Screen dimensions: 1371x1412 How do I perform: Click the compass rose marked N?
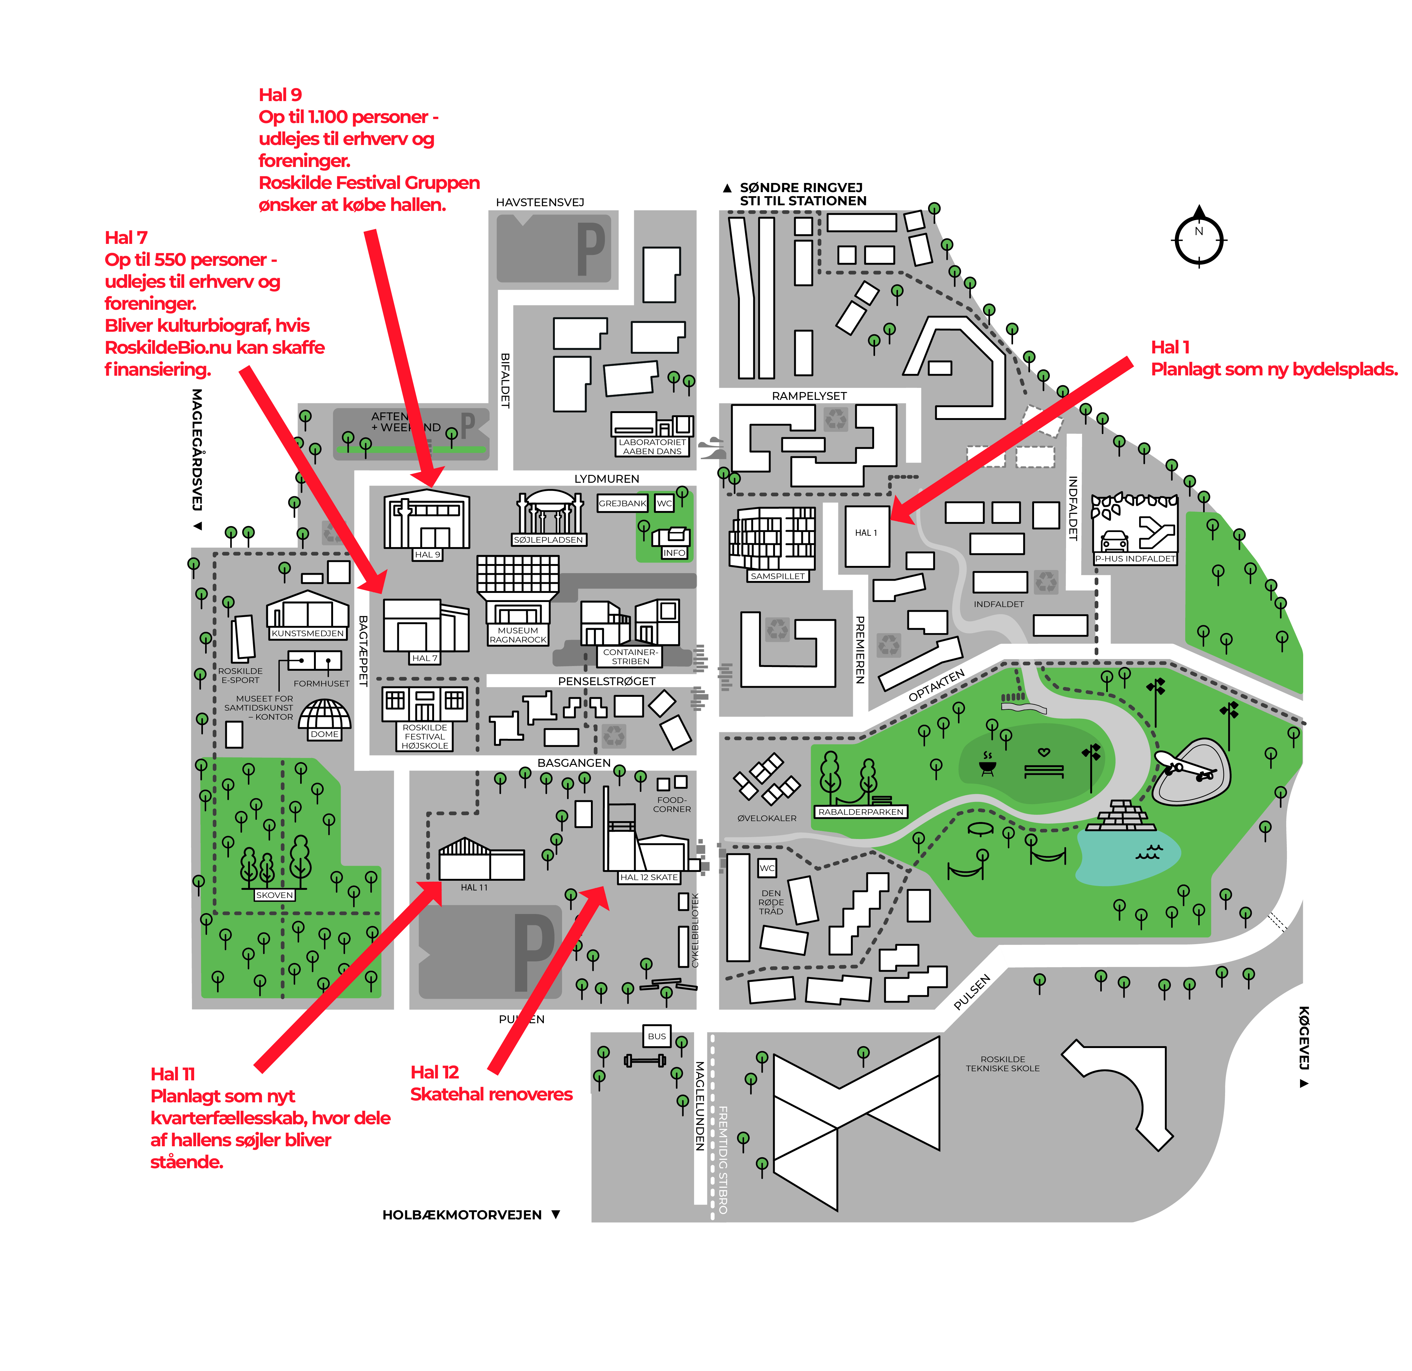click(1199, 239)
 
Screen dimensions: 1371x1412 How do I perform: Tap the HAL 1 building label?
click(866, 533)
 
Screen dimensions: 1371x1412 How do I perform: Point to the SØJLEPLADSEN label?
click(548, 539)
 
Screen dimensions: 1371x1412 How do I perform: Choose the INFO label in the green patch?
click(674, 553)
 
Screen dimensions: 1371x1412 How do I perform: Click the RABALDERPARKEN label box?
click(861, 812)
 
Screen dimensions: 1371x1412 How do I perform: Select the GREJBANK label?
click(623, 503)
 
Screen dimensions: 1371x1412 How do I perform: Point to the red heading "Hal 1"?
click(1170, 347)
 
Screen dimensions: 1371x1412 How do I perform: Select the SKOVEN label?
click(274, 895)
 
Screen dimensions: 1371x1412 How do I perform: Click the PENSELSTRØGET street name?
click(607, 681)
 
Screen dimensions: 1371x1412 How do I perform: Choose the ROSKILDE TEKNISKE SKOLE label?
click(1003, 1064)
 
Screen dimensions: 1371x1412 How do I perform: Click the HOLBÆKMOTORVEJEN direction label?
click(462, 1215)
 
